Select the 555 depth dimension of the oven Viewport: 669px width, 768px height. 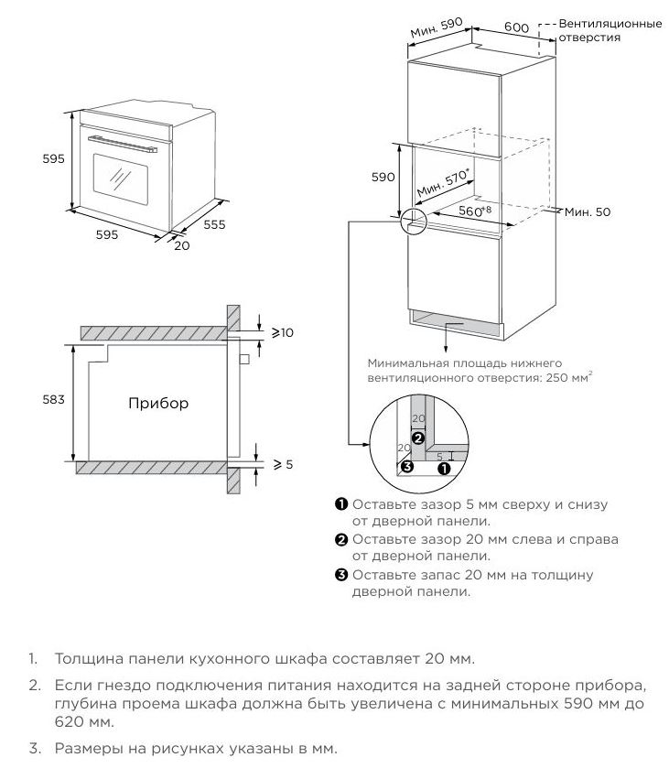point(214,223)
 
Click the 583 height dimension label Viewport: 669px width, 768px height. point(53,400)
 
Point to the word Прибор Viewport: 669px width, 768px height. point(157,403)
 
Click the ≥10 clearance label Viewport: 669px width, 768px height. point(282,332)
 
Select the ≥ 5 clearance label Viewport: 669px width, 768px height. point(283,464)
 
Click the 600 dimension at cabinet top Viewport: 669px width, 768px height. point(516,27)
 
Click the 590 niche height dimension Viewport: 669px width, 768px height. point(383,178)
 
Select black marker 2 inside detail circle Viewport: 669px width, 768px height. point(417,438)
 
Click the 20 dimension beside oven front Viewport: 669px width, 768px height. point(181,244)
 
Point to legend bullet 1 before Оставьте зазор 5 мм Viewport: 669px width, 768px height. point(340,504)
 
